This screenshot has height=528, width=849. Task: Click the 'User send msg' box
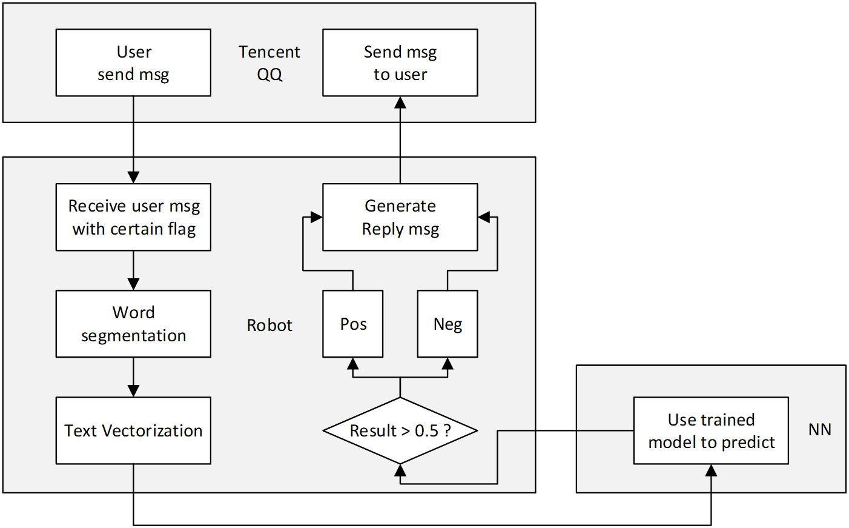point(133,62)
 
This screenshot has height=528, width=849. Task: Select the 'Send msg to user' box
point(400,62)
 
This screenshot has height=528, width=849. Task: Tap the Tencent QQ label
point(269,63)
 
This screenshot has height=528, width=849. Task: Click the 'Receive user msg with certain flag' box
point(133,217)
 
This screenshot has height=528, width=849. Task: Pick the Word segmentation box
point(133,324)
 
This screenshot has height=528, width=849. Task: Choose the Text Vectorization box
point(133,430)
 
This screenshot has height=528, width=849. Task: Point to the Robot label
point(269,326)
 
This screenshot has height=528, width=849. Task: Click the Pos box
point(352,324)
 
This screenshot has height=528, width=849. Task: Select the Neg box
point(448,324)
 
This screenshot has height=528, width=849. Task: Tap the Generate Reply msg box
point(400,217)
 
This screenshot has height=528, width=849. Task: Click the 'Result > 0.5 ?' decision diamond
point(400,430)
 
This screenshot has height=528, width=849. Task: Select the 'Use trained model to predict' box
point(711,430)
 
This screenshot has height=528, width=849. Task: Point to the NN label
point(819,430)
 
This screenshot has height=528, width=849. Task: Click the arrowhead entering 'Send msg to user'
point(400,102)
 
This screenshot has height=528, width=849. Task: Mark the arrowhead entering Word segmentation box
point(133,284)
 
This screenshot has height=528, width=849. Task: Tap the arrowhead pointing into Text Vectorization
point(133,390)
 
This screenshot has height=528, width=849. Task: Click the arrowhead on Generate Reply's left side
point(316,217)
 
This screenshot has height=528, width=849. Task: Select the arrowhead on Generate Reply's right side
point(484,217)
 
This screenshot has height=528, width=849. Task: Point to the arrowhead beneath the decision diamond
point(400,470)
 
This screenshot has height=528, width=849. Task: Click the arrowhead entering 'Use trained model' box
point(711,470)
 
